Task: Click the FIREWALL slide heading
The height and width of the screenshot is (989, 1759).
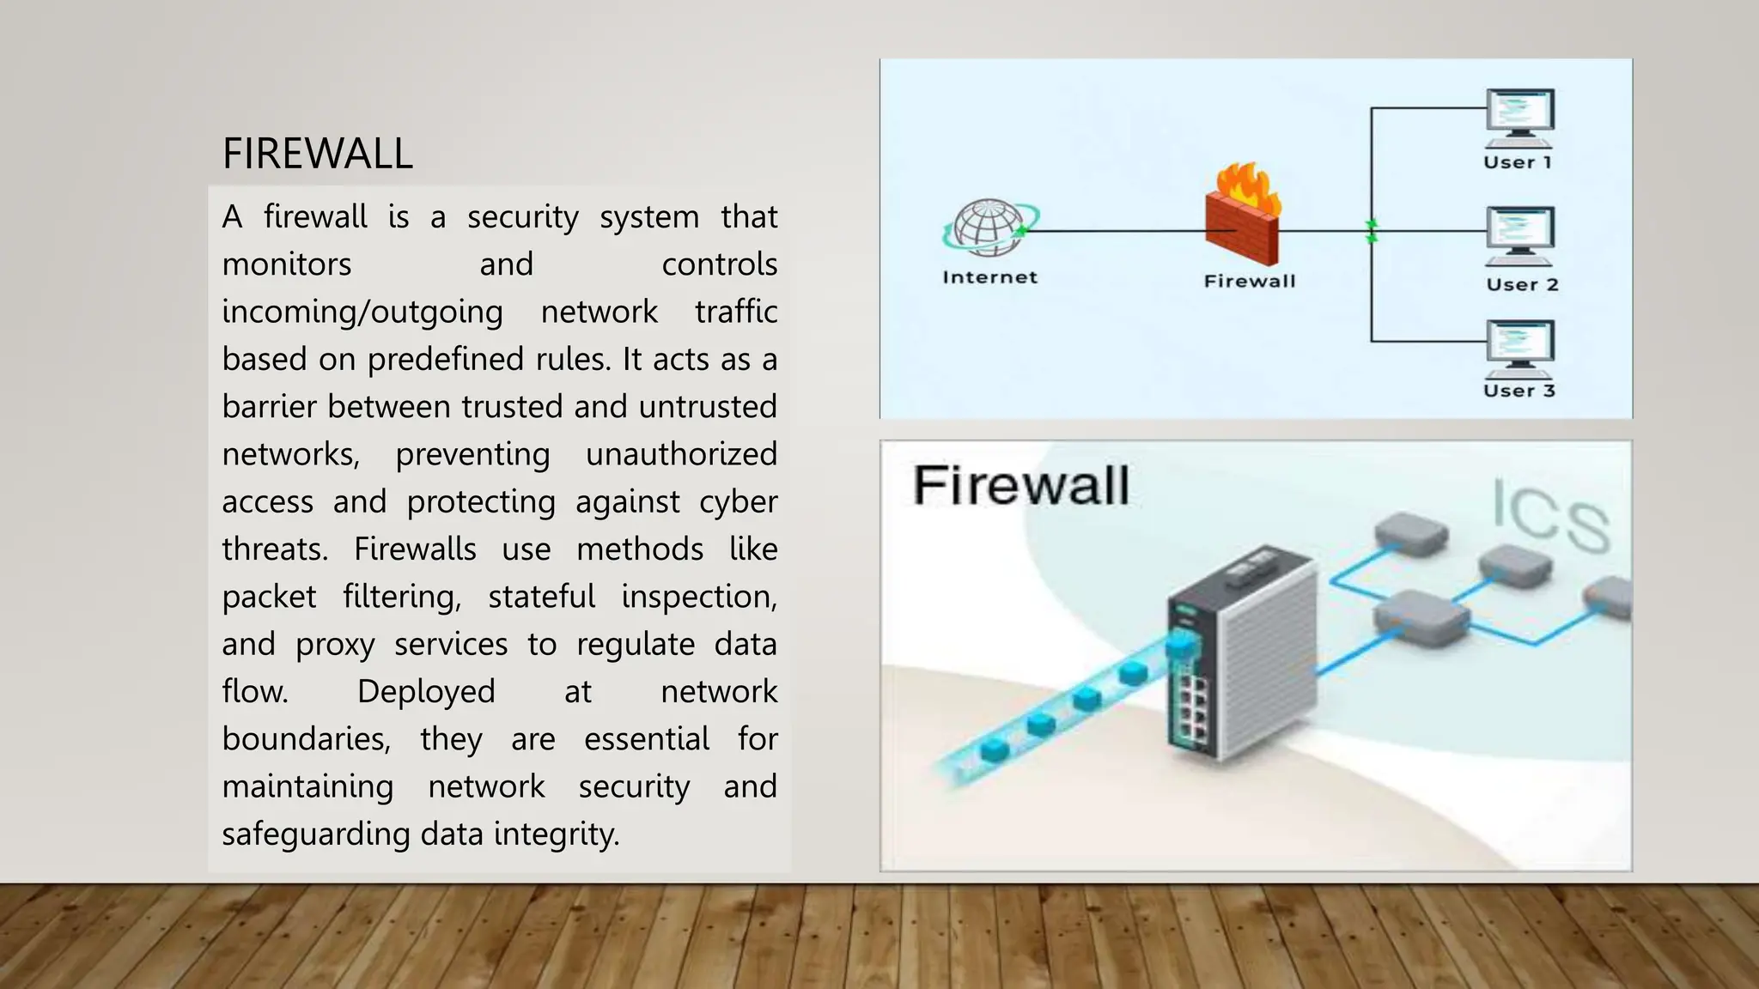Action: click(x=317, y=154)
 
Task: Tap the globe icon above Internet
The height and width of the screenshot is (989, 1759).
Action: click(x=989, y=228)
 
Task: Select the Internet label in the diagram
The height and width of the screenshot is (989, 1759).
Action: click(x=989, y=277)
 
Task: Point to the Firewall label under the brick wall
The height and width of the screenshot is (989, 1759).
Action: click(x=1249, y=281)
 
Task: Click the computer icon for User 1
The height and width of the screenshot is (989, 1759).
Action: click(x=1519, y=118)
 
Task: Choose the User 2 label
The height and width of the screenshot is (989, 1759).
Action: click(x=1522, y=285)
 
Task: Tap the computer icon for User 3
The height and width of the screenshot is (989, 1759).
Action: click(x=1519, y=349)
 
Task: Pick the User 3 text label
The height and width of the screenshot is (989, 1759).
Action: click(x=1519, y=391)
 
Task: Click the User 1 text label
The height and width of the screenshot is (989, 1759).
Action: click(x=1517, y=162)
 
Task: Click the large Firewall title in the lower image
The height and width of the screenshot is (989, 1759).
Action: click(x=1020, y=486)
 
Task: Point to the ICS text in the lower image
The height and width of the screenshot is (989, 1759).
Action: click(x=1549, y=515)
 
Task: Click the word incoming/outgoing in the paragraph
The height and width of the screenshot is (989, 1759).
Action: click(x=362, y=312)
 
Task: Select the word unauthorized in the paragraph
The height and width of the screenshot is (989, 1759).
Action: click(x=681, y=454)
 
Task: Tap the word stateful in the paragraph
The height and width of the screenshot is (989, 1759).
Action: click(x=541, y=597)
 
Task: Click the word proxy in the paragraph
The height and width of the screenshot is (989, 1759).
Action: click(x=335, y=645)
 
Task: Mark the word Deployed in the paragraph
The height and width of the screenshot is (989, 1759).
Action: click(x=426, y=692)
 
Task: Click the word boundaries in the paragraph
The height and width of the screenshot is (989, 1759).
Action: click(x=306, y=739)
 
